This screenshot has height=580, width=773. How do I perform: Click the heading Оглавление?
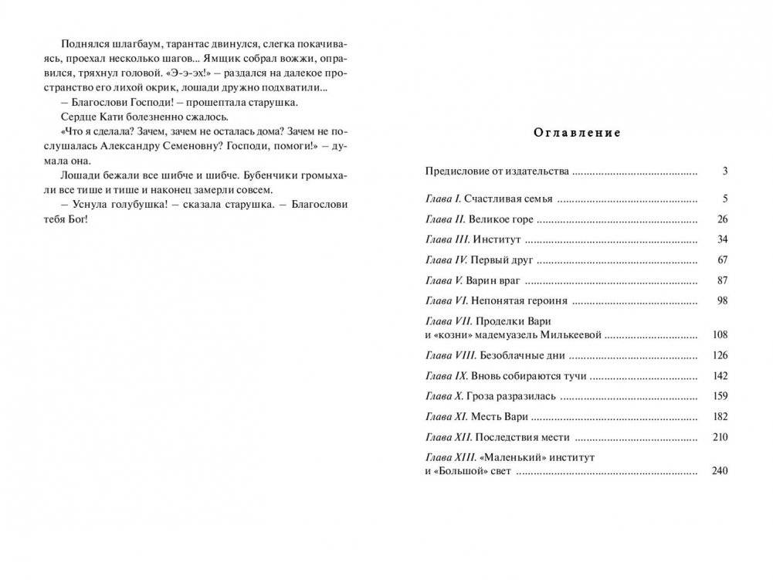[x=577, y=133]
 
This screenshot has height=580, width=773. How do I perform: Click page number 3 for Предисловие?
[x=724, y=171]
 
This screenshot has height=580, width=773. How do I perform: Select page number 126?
[x=720, y=356]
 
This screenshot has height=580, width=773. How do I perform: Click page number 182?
[x=720, y=416]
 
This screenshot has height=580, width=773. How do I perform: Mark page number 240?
[x=720, y=471]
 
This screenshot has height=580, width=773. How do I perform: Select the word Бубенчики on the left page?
[x=249, y=175]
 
